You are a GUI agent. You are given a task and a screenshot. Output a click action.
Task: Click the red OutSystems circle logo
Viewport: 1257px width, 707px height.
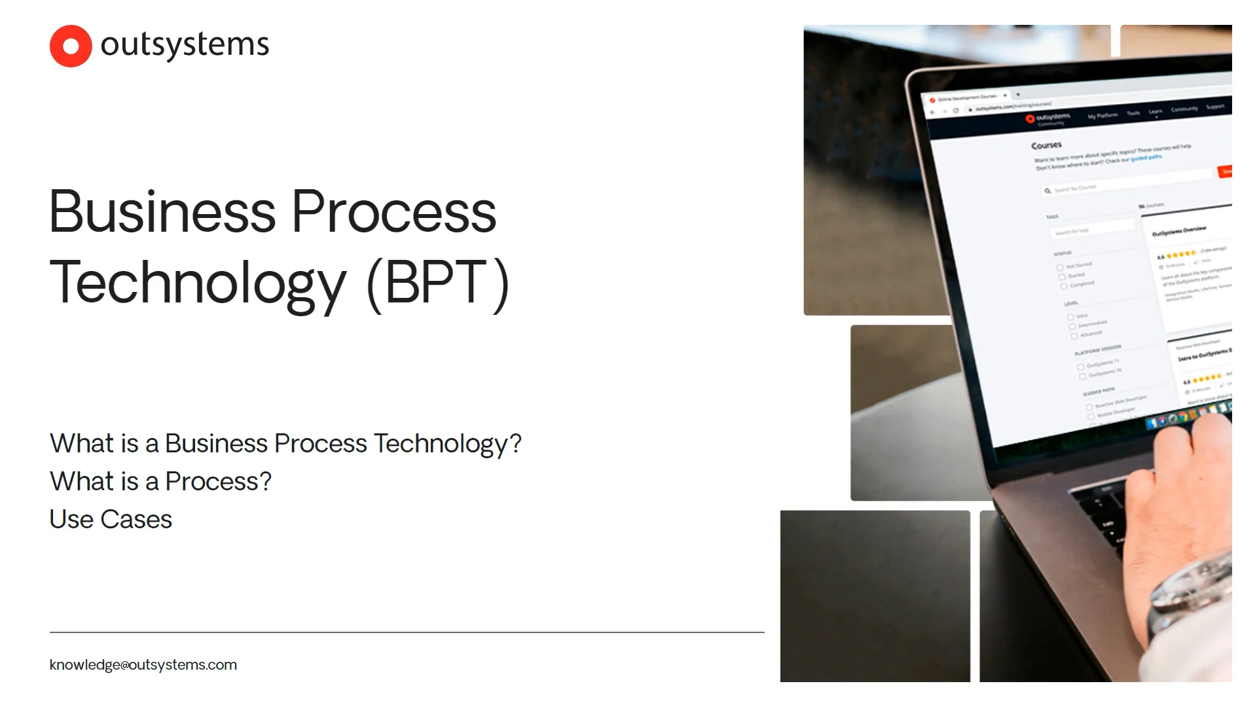click(71, 46)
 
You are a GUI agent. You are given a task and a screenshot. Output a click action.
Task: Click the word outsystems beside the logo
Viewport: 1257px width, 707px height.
click(185, 45)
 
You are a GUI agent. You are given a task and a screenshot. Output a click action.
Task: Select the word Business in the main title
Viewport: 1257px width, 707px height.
click(162, 212)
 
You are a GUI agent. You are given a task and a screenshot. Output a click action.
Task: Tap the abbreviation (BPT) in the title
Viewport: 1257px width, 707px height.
click(437, 283)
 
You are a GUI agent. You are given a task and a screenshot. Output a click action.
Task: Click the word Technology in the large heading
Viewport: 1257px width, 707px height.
click(198, 283)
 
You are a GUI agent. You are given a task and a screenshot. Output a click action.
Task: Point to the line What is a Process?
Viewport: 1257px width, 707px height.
click(160, 481)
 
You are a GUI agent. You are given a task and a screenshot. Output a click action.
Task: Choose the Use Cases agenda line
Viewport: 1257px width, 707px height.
click(111, 519)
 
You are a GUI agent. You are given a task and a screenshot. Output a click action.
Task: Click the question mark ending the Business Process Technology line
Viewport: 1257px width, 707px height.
click(515, 443)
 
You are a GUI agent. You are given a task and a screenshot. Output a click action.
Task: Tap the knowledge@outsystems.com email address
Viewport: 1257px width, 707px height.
click(143, 664)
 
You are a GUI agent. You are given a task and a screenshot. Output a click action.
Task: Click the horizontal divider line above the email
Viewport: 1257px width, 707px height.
click(407, 632)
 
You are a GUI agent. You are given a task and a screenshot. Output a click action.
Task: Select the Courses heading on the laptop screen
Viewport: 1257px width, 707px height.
click(1046, 145)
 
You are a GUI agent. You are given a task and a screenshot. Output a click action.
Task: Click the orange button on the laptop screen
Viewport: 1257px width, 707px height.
click(1225, 171)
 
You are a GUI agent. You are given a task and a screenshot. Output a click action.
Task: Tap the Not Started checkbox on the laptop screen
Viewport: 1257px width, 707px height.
click(1060, 267)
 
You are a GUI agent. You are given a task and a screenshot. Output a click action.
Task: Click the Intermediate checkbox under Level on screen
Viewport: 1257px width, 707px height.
click(1072, 326)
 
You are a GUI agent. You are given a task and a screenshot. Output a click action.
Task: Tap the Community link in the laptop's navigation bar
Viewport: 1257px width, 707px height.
click(1184, 109)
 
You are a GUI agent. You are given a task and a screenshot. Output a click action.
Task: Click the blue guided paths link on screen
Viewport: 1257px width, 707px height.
click(1146, 158)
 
